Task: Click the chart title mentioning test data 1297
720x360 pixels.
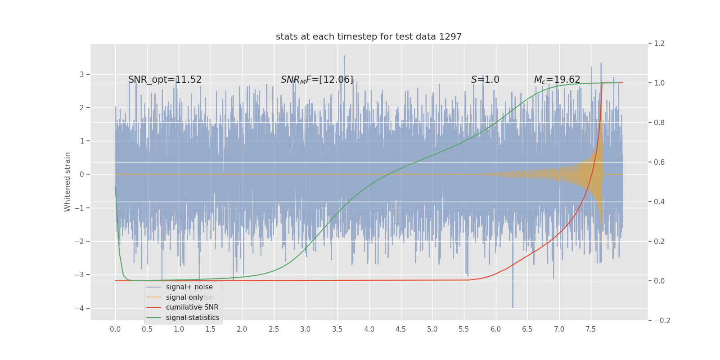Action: coord(369,37)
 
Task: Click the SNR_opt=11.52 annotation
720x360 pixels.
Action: coord(165,80)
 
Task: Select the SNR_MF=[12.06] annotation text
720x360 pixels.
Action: coord(317,80)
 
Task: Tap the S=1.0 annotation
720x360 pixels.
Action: coord(485,80)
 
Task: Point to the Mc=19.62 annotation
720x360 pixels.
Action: coord(557,80)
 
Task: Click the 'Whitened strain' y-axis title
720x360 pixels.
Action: coord(67,182)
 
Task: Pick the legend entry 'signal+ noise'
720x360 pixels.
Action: coord(189,287)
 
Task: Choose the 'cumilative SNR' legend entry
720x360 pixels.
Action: coord(192,307)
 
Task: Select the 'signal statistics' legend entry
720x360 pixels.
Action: coord(193,318)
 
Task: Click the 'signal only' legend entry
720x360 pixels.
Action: coord(184,297)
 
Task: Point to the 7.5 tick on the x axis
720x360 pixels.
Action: coord(591,329)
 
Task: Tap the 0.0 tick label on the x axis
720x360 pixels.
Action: coord(115,329)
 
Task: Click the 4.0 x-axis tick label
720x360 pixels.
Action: coord(369,329)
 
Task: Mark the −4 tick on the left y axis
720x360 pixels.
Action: coord(81,308)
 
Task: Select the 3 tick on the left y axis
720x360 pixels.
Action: coord(82,74)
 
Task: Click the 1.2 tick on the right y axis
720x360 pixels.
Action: coord(659,44)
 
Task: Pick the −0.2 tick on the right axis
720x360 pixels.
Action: coord(661,320)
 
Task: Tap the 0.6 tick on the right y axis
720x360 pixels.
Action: coord(659,162)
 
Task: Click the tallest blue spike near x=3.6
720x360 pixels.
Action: coord(345,57)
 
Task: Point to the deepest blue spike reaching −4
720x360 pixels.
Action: coord(513,307)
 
